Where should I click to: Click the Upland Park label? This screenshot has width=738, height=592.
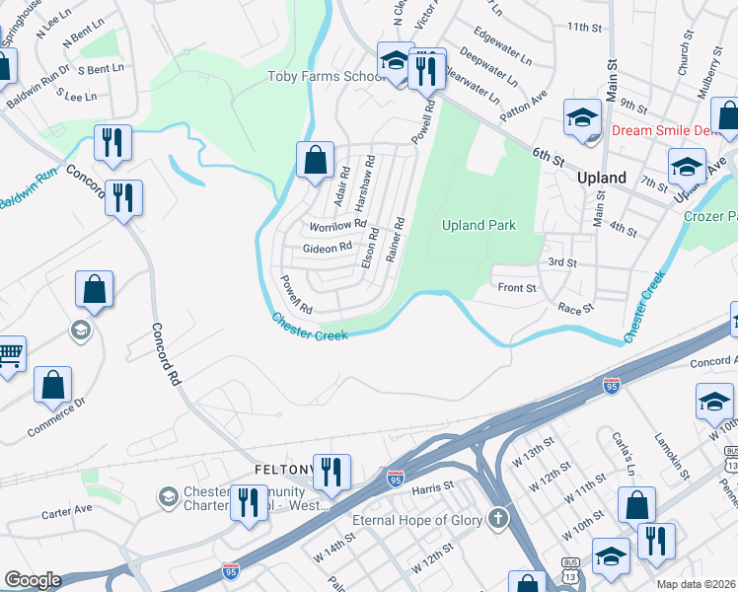(x=479, y=225)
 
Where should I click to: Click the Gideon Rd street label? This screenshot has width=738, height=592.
(x=327, y=248)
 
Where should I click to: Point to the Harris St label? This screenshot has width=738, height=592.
(x=432, y=486)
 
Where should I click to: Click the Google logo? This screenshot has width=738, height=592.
(x=32, y=580)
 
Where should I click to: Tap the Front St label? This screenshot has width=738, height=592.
(x=516, y=288)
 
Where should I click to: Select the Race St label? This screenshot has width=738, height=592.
(x=574, y=309)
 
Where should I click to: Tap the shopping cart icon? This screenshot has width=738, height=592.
(x=9, y=352)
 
